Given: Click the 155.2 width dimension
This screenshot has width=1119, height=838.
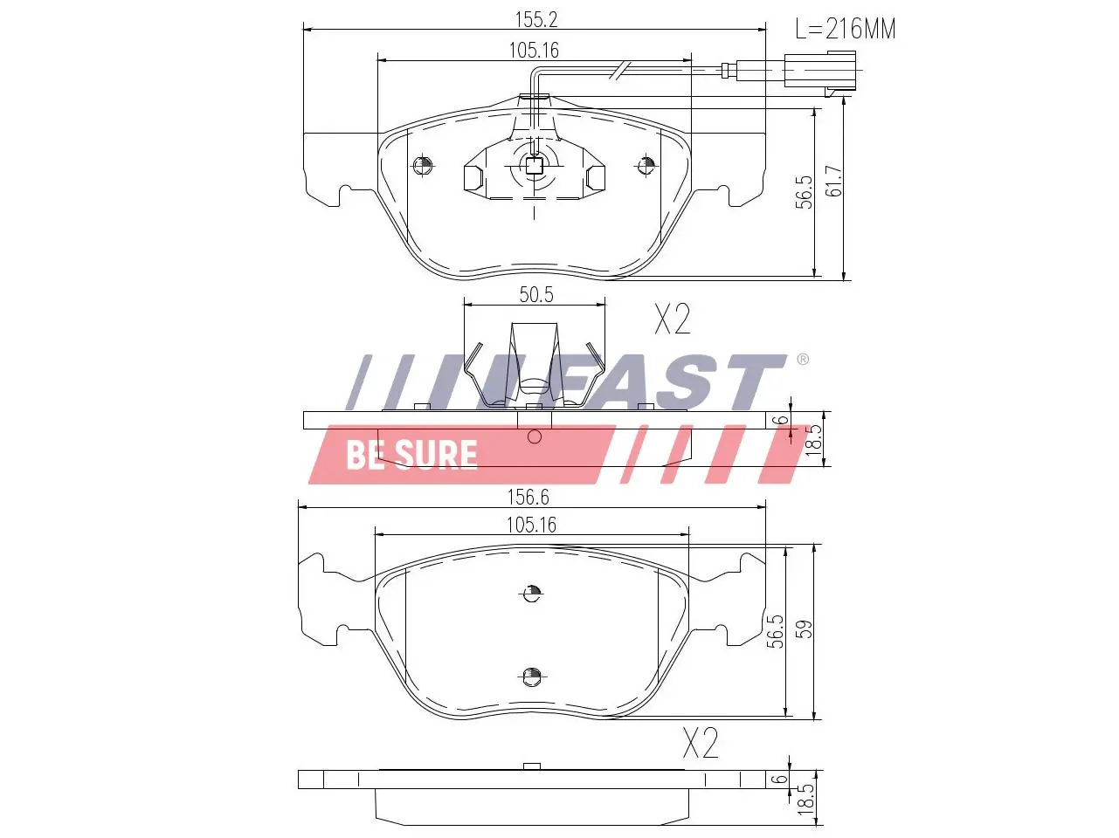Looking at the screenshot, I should point(535,19).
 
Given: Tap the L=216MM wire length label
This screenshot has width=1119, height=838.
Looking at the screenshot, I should point(845,30).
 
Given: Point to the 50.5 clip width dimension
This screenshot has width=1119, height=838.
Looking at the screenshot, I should point(535,294).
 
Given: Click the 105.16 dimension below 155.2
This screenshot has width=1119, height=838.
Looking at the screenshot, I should point(533,51).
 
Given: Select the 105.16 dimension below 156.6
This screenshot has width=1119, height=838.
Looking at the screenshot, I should point(530,525).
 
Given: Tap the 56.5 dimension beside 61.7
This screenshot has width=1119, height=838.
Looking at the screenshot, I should point(805,192).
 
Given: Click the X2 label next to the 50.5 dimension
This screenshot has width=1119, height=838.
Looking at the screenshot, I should point(673,320).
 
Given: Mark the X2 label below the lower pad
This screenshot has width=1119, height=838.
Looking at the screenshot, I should point(700,744).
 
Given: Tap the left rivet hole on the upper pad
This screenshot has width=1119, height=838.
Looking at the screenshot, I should point(422,164).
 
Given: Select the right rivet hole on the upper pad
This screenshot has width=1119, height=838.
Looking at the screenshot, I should point(646,164).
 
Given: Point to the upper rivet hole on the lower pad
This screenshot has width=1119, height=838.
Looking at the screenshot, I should point(531,594).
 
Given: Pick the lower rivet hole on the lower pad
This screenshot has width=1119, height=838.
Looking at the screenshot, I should point(530,675).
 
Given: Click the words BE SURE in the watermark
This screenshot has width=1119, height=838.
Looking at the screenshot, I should point(411,455).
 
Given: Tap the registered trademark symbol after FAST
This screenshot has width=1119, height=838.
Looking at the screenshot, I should point(802,360).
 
